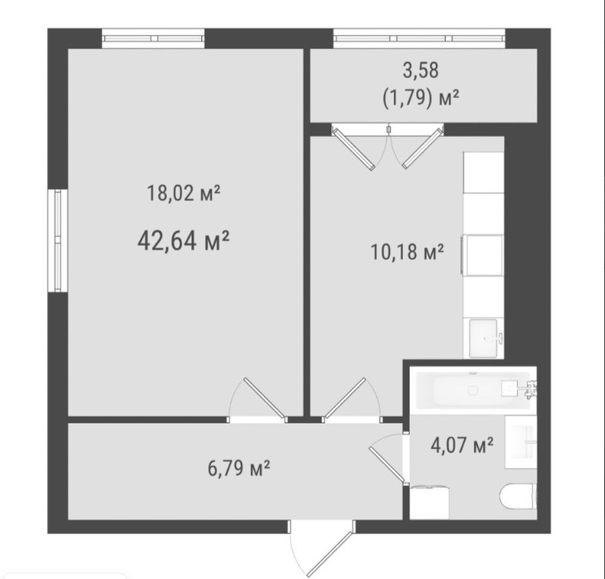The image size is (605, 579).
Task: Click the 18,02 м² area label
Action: [184, 193]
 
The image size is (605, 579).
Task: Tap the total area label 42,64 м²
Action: [184, 241]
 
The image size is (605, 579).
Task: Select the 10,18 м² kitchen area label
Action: [407, 252]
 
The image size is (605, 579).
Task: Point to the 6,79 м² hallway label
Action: [239, 468]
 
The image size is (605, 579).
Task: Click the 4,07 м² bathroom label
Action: [462, 445]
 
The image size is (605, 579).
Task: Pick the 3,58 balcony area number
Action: [421, 70]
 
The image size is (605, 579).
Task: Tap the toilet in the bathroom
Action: [518, 497]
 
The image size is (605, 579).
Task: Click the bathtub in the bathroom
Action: [473, 390]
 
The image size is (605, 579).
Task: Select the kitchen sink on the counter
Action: [483, 338]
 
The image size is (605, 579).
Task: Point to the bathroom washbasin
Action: [521, 442]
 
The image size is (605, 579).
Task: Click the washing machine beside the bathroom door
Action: [430, 503]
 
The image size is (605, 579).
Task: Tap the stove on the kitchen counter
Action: [483, 255]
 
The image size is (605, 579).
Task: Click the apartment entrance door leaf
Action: [330, 554]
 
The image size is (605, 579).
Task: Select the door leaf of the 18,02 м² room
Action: [265, 398]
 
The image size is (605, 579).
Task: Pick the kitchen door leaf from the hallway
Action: [345, 398]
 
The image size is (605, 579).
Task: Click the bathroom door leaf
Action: [387, 465]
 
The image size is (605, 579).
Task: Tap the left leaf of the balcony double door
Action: [354, 149]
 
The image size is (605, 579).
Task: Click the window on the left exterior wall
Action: [58, 240]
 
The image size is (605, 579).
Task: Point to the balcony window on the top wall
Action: [420, 39]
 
